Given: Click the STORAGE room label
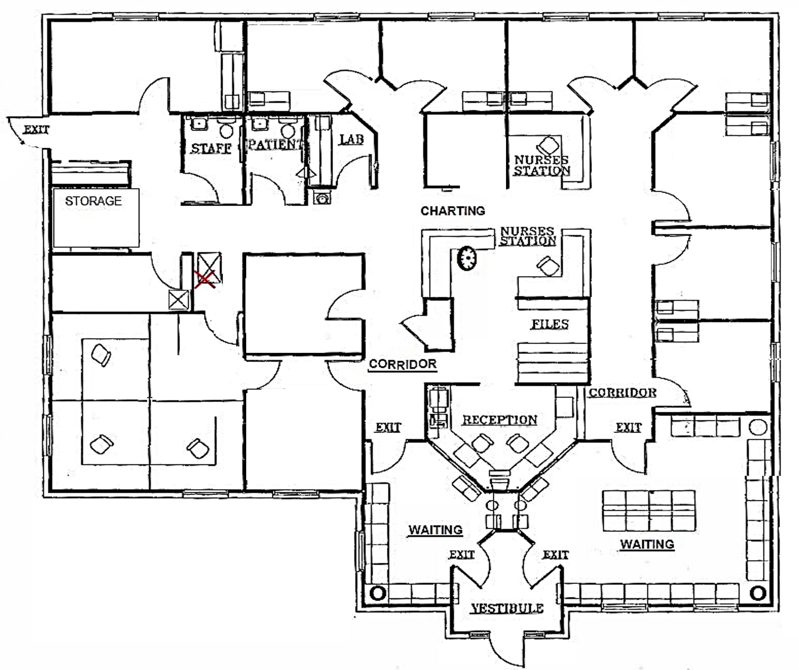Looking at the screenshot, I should [x=93, y=201].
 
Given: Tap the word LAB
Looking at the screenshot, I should [x=352, y=140].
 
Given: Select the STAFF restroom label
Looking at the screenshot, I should [x=211, y=148].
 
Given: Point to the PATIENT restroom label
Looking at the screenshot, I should [x=275, y=145].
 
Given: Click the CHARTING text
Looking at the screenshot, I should [x=453, y=211].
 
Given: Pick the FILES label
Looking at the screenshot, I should [x=550, y=324].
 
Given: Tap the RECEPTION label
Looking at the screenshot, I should [x=500, y=420].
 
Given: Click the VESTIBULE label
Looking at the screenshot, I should [x=507, y=608].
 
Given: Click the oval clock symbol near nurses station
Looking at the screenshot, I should [x=467, y=258].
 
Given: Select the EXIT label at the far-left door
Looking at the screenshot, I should [x=37, y=129].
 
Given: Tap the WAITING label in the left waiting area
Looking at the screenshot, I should [x=435, y=530].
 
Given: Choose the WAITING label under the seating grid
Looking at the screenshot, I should [x=647, y=544].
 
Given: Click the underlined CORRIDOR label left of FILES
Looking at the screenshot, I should [x=403, y=364].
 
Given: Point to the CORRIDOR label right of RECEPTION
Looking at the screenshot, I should [x=623, y=393].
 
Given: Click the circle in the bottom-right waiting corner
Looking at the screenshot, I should [x=758, y=593].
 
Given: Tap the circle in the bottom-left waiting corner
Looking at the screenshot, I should [x=377, y=593].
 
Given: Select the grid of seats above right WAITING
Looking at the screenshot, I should [x=649, y=511].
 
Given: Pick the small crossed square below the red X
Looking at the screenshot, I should [x=178, y=300].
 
